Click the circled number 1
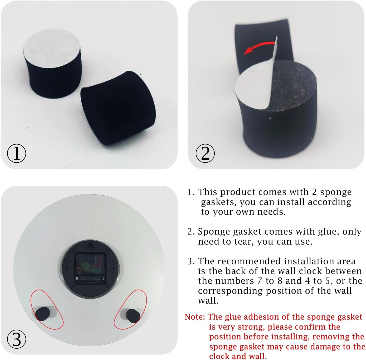click(17, 153)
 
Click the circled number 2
click(205, 153)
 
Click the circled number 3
click(17, 339)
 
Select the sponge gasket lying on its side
click(118, 108)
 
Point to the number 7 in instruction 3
click(260, 281)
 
